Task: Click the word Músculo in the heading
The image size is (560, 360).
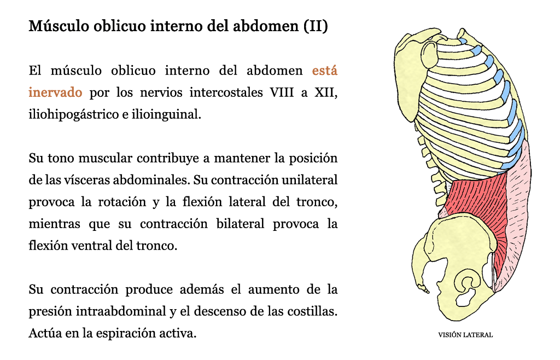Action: coord(59,26)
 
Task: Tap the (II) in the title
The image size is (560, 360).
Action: coord(316,26)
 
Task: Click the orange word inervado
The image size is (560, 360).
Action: coord(55,92)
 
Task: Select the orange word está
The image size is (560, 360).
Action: coord(325,71)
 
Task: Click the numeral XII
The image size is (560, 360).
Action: coord(325,92)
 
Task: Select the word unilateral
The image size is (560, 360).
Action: coord(310,179)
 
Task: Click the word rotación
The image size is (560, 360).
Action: coord(122,202)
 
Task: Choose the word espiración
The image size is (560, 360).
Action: coord(125,333)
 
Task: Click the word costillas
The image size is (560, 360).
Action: coord(310,311)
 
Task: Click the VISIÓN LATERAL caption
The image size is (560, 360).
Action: coord(465,335)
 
